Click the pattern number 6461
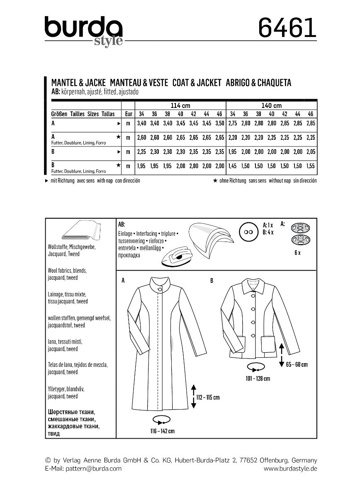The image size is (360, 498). tap(287, 28)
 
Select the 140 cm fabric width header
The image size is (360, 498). tap(271, 105)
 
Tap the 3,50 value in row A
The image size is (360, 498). tap(220, 124)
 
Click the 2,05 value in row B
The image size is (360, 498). tap(310, 152)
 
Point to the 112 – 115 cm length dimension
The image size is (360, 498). tap(207, 397)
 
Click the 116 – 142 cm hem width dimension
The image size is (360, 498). tap(162, 431)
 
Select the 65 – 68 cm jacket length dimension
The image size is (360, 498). tap(297, 364)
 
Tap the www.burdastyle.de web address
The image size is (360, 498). tap(290, 468)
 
